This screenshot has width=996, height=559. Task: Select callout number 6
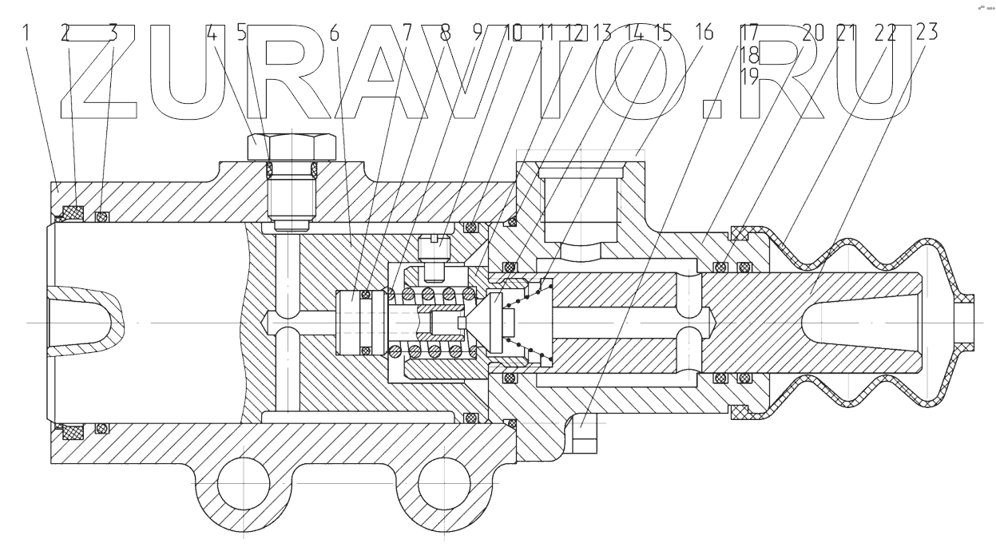(333, 34)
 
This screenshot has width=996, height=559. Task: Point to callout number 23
(927, 34)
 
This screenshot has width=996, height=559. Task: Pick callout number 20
(813, 34)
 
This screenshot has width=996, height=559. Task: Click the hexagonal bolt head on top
(292, 148)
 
